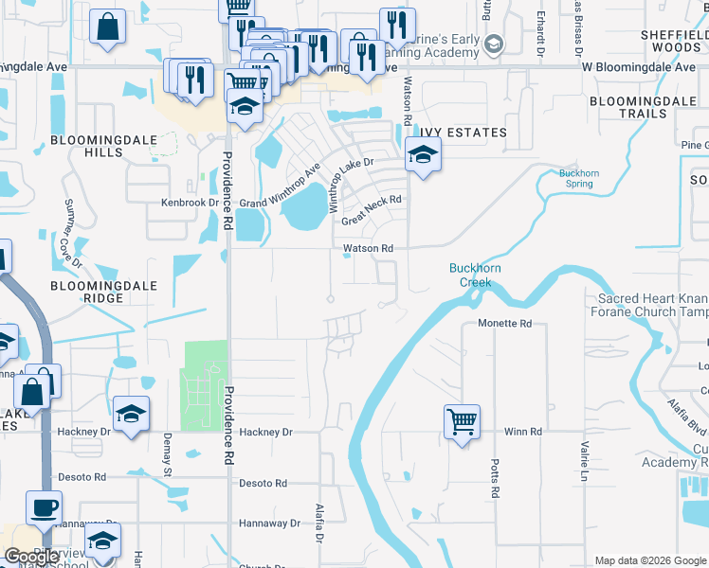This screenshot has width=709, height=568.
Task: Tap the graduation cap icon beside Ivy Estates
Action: [x=424, y=154]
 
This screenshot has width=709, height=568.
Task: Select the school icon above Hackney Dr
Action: [x=131, y=414]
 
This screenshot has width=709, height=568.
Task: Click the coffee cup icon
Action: [x=44, y=507]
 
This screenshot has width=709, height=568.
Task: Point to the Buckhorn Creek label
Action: [x=470, y=275]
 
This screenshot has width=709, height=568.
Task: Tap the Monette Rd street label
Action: [x=505, y=323]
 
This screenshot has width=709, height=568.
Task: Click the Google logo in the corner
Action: [x=32, y=557]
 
